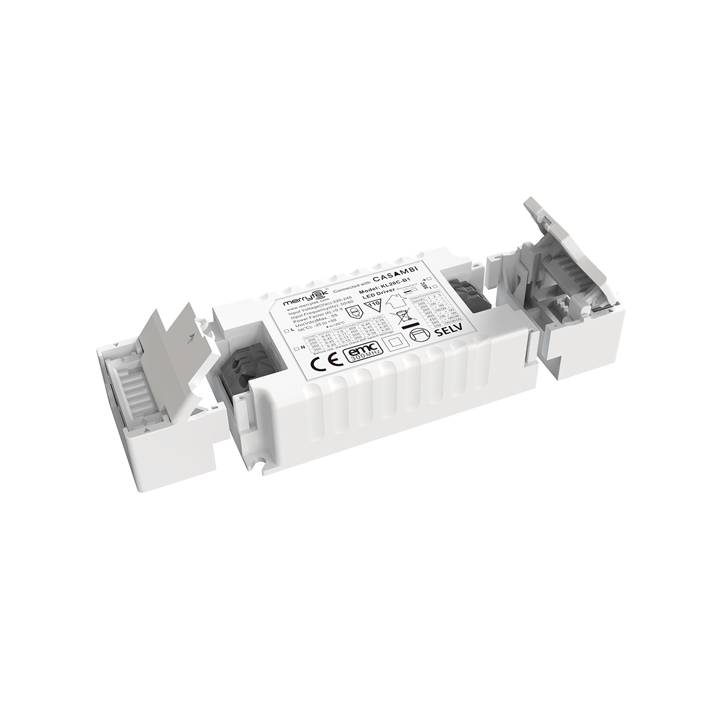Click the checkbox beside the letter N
pyautogui.click(x=296, y=349)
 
